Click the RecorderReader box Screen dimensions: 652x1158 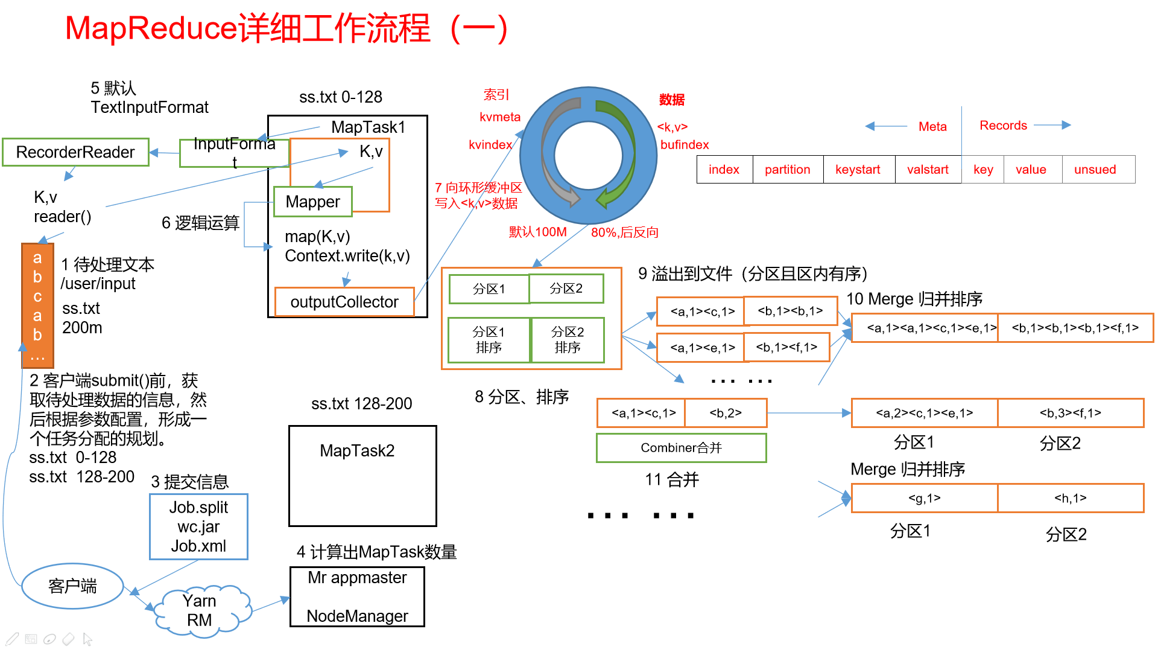(x=75, y=152)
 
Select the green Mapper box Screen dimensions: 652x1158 (x=312, y=202)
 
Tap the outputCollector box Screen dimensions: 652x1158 (x=344, y=302)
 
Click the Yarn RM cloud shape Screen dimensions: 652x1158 (x=200, y=611)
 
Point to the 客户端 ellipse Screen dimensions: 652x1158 (x=72, y=586)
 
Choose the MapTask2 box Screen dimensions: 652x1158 (x=362, y=476)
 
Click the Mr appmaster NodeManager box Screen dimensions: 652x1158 (x=357, y=596)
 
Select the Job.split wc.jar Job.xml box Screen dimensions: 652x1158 (x=198, y=526)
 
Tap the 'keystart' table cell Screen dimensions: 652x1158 (x=858, y=170)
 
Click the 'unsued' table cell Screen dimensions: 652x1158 (x=1095, y=170)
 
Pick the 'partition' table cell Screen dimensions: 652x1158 (x=787, y=170)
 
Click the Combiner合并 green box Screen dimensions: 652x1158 (x=681, y=448)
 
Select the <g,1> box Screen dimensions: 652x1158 (x=924, y=498)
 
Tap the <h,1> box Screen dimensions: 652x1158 (x=1071, y=498)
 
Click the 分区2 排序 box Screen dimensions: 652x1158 (x=568, y=340)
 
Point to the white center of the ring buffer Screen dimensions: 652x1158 (x=588, y=156)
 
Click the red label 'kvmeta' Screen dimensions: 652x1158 (x=500, y=117)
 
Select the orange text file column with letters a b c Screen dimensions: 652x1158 (x=37, y=305)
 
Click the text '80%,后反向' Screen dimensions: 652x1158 (x=624, y=232)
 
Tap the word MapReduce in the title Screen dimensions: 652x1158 (x=151, y=28)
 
